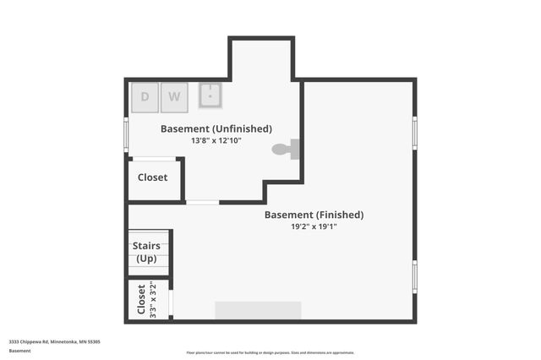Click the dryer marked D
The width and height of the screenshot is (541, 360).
pyautogui.click(x=145, y=96)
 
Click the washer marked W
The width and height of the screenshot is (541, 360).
pyautogui.click(x=174, y=96)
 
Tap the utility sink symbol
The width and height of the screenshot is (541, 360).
pyautogui.click(x=210, y=95)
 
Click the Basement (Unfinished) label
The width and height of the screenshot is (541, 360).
pyautogui.click(x=216, y=128)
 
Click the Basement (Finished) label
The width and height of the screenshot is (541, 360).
pyautogui.click(x=314, y=215)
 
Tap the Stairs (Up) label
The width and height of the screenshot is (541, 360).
pyautogui.click(x=146, y=252)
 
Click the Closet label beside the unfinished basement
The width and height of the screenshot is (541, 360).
pyautogui.click(x=152, y=177)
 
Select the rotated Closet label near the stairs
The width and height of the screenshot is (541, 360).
pyautogui.click(x=141, y=299)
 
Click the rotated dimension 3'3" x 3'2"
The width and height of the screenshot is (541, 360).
pyautogui.click(x=152, y=299)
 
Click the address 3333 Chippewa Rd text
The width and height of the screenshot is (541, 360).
pyautogui.click(x=55, y=341)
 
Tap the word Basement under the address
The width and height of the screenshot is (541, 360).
pyautogui.click(x=19, y=350)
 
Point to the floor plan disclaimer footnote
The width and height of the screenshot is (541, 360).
pyautogui.click(x=270, y=352)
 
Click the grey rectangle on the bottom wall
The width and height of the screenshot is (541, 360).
pyautogui.click(x=258, y=310)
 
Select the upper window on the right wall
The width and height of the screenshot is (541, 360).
pyautogui.click(x=414, y=132)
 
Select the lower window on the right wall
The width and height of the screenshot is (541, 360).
pyautogui.click(x=414, y=275)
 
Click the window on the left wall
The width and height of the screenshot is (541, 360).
pyautogui.click(x=126, y=134)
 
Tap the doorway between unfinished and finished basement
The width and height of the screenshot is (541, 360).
pyautogui.click(x=202, y=202)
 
